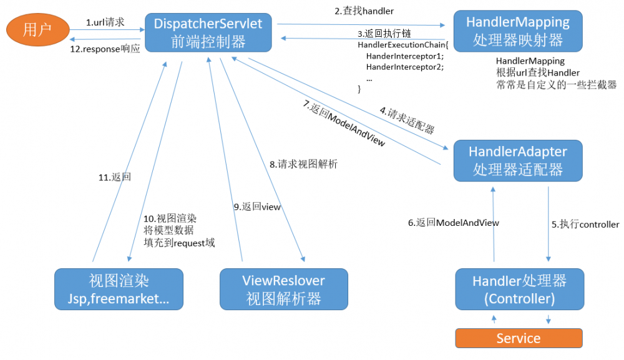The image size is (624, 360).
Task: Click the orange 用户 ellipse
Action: (37, 29)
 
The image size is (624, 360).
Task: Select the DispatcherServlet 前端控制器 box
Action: (208, 33)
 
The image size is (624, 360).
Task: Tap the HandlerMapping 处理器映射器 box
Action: (518, 32)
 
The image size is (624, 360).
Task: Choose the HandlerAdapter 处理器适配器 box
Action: (518, 160)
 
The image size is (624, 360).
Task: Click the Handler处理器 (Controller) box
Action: (520, 289)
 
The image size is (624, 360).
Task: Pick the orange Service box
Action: (519, 338)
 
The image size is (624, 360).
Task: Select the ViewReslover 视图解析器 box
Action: (284, 289)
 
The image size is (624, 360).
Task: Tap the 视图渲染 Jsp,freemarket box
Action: (119, 289)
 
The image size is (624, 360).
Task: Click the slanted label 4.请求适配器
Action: (407, 121)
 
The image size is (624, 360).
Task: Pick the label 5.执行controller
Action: (585, 224)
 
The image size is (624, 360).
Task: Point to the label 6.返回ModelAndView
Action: (454, 223)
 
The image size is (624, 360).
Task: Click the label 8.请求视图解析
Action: (303, 165)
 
